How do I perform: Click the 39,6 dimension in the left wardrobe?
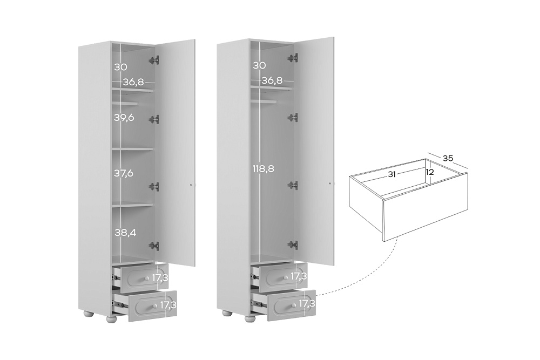(124, 118)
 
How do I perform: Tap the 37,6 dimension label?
(124, 173)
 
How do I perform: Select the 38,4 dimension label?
(125, 233)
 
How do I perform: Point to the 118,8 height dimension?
(263, 168)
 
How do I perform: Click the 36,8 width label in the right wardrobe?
(272, 80)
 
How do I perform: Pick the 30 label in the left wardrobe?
(120, 67)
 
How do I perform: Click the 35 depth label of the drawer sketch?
(448, 158)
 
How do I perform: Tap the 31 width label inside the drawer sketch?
(391, 174)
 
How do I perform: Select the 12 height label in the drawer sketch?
(430, 172)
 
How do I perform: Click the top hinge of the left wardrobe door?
(154, 60)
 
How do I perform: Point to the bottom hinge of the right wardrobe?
(293, 244)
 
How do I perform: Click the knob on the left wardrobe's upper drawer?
(147, 278)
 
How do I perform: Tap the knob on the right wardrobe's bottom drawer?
(293, 305)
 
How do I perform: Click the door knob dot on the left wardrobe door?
(191, 185)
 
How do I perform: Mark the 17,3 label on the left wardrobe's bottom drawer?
(168, 305)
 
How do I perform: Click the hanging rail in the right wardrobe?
(264, 101)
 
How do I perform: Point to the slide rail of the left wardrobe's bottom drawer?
(120, 304)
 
